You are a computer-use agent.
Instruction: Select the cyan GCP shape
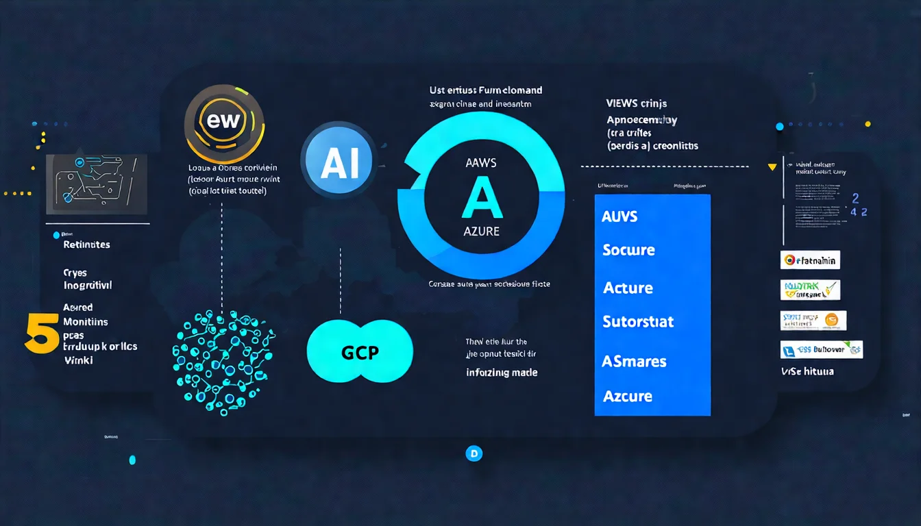[x=360, y=351]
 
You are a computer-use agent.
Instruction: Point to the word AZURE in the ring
[x=481, y=231]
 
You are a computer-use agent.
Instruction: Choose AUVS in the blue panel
[x=619, y=216]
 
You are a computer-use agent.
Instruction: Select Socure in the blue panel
[x=628, y=251]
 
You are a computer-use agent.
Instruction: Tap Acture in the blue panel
[x=628, y=288]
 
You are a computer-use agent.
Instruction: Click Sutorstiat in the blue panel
[x=638, y=321]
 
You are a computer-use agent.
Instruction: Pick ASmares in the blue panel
[x=634, y=361]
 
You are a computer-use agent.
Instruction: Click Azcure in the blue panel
[x=627, y=396]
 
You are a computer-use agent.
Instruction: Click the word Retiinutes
[x=86, y=245]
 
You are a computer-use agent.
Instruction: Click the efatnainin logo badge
[x=810, y=260]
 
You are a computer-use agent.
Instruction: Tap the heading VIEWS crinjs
[x=636, y=103]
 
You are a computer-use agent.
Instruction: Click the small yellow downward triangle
[x=772, y=166]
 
